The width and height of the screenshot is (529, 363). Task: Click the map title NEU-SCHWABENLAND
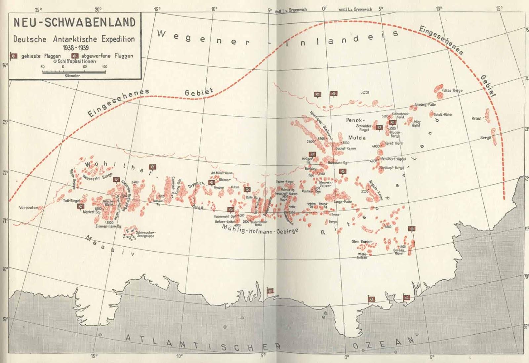coord(74,22)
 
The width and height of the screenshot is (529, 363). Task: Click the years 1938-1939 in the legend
coord(75,48)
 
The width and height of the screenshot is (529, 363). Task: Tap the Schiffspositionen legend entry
coord(75,61)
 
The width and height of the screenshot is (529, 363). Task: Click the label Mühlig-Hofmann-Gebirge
coord(260,229)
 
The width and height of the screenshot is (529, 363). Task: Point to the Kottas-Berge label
coord(452,90)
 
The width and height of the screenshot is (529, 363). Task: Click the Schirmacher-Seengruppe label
coord(145,234)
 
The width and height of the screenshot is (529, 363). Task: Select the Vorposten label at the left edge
coord(28,208)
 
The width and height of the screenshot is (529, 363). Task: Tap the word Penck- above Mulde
coord(355,120)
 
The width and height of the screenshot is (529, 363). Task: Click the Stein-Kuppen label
coord(362,242)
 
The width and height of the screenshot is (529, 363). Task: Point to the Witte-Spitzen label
coord(362,256)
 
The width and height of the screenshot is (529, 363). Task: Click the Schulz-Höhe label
coord(442,114)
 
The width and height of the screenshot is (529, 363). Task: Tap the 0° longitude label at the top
coord(324,9)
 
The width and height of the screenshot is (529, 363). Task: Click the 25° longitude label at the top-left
coord(38,10)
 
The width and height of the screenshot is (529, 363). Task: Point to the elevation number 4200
coord(365,93)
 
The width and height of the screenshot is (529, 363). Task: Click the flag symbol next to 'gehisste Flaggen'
coord(14,56)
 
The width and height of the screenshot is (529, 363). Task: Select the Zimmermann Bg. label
coord(108,226)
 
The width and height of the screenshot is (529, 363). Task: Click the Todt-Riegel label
coord(71,201)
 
